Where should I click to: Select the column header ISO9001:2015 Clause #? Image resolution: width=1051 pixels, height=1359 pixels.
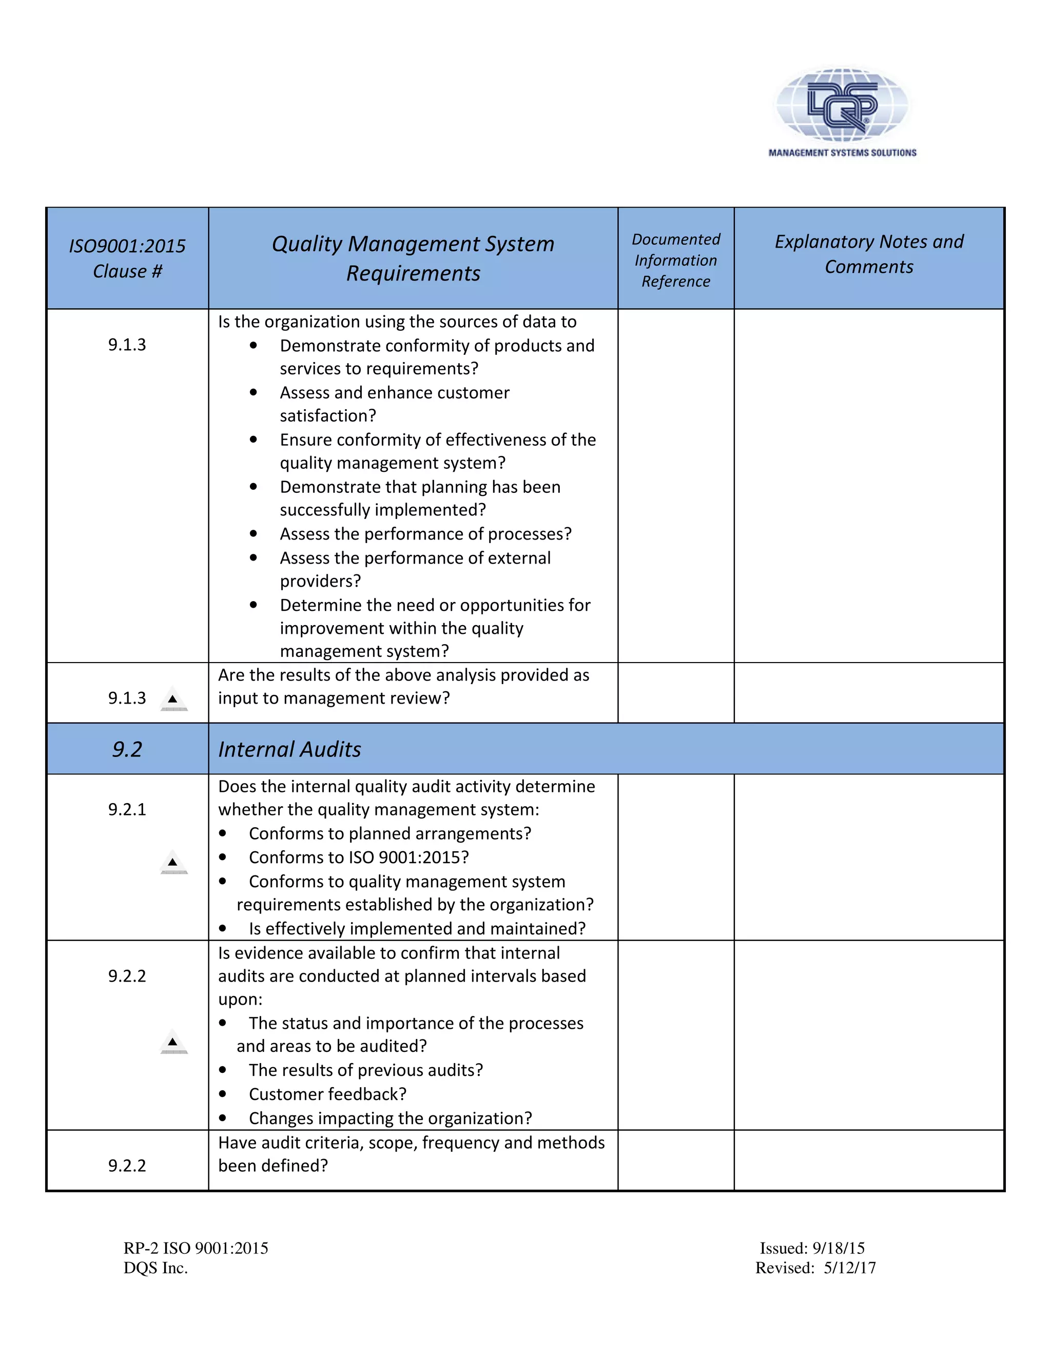[x=127, y=258]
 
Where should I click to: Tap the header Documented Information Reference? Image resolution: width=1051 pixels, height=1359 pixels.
[x=675, y=260]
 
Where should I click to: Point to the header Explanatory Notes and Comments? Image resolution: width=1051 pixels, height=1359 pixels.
[x=869, y=254]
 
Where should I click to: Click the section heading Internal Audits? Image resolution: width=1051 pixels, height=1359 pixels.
[x=289, y=749]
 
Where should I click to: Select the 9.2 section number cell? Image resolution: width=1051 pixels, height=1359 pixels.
[x=127, y=749]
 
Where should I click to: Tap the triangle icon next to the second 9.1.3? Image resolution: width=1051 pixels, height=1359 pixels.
[x=173, y=700]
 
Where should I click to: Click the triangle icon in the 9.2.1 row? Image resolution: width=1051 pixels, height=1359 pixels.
[x=173, y=863]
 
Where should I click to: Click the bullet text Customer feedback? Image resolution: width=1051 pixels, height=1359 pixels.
[x=327, y=1094]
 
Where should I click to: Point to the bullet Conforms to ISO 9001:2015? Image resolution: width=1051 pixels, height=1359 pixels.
[x=359, y=857]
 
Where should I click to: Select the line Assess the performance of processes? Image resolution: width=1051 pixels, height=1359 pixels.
[x=425, y=534]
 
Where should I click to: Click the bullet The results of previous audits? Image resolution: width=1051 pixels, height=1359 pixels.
[x=365, y=1070]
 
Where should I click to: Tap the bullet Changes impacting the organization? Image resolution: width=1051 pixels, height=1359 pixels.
[x=391, y=1118]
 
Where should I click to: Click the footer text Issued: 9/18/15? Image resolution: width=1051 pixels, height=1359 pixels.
[x=812, y=1248]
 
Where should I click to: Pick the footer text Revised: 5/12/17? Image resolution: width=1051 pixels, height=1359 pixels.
[x=815, y=1268]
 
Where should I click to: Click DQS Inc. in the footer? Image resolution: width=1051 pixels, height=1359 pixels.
[x=155, y=1268]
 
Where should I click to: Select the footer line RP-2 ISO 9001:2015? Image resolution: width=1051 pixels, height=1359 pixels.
[x=196, y=1248]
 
